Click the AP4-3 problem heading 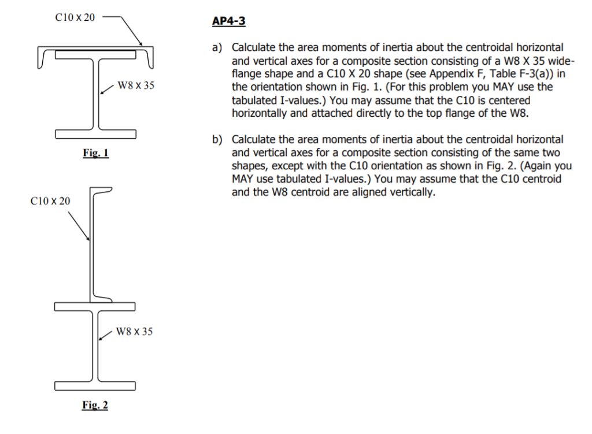pyautogui.click(x=229, y=21)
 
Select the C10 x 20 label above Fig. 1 pyautogui.click(x=75, y=17)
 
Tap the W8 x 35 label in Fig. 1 pyautogui.click(x=136, y=86)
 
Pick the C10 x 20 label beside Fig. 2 pyautogui.click(x=50, y=201)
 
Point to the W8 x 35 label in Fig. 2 pyautogui.click(x=135, y=332)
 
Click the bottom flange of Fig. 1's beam pyautogui.click(x=96, y=135)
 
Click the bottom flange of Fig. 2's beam pyautogui.click(x=96, y=385)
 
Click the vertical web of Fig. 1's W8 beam pyautogui.click(x=96, y=95)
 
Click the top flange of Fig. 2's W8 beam pyautogui.click(x=96, y=306)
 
